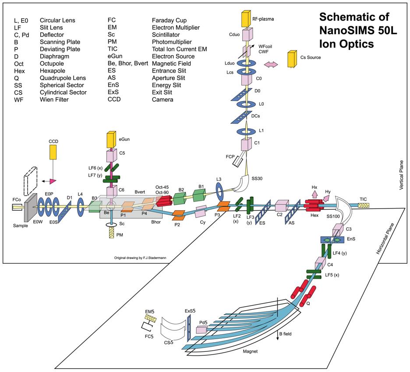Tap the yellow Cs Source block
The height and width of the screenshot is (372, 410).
coord(291,59)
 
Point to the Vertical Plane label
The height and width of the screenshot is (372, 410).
coord(401,174)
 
